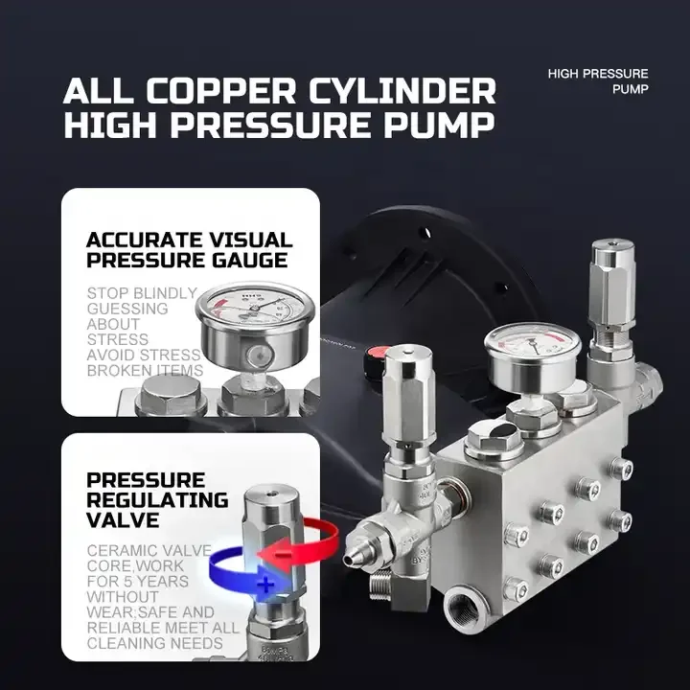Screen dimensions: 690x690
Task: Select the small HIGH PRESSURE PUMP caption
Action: click(598, 81)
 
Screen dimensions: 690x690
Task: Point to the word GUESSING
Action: click(127, 309)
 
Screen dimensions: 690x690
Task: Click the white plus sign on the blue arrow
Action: click(265, 583)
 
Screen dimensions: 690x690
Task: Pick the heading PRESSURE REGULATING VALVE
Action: click(157, 499)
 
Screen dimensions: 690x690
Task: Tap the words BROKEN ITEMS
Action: click(145, 370)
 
